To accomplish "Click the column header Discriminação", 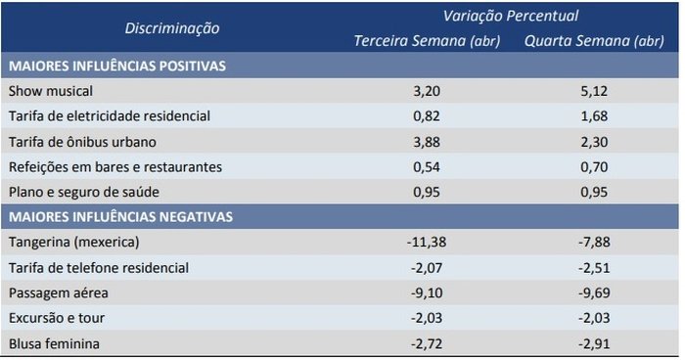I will tap(171, 28).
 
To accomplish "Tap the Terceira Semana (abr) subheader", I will tap(428, 41).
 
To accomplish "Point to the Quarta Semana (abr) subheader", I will tap(594, 41).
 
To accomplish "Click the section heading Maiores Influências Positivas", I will tap(116, 67).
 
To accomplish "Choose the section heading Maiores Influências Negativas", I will tap(119, 215).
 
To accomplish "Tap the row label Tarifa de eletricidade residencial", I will tap(108, 115).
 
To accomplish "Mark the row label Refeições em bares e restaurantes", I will tap(114, 166).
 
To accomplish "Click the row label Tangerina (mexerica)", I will tap(73, 241).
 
